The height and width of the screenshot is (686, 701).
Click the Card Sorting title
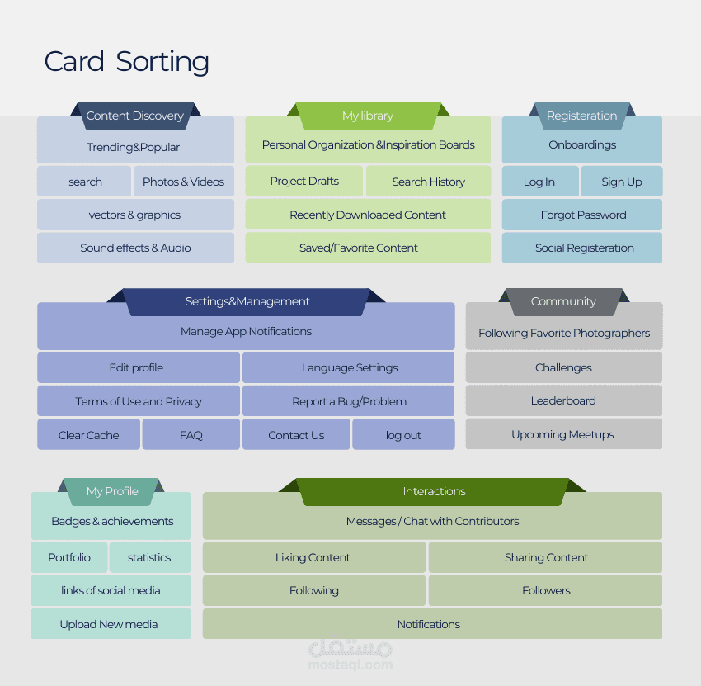(x=126, y=62)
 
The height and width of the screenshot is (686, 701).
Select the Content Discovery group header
(x=135, y=116)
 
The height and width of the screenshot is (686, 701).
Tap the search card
(x=85, y=182)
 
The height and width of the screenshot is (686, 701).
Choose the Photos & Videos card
(x=183, y=182)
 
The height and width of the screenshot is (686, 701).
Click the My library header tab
(x=368, y=116)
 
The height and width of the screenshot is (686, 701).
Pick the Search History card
(x=428, y=182)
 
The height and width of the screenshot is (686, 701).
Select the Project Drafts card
(x=304, y=181)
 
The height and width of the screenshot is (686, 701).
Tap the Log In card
(x=539, y=182)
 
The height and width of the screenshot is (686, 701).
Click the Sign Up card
(x=622, y=182)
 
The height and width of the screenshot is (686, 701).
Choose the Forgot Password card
(x=583, y=215)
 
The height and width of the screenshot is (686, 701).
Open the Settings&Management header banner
(x=247, y=301)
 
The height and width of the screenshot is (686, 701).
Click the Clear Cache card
(x=88, y=435)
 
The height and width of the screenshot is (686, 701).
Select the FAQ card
(x=191, y=435)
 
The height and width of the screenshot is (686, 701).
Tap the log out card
(x=403, y=435)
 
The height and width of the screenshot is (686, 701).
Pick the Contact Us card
(x=296, y=435)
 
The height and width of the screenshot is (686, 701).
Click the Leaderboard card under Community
(x=563, y=400)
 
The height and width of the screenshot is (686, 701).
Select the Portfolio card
(x=69, y=557)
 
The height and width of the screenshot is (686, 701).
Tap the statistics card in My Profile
(x=149, y=557)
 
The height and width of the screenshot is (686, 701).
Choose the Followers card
(x=546, y=590)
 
